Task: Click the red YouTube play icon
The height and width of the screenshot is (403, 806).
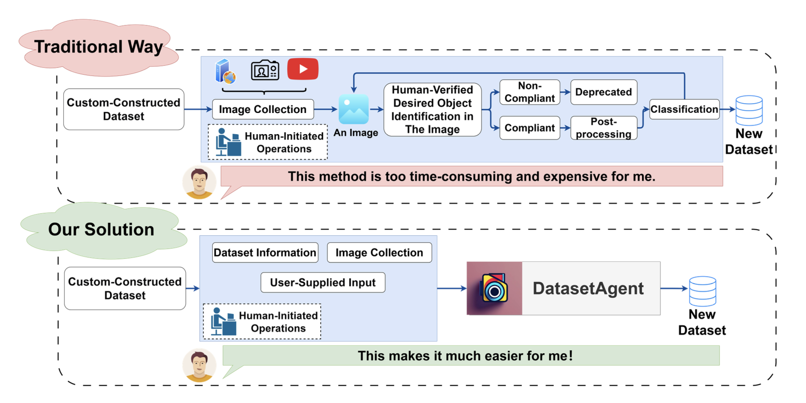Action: tap(303, 69)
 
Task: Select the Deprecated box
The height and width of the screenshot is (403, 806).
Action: tap(603, 92)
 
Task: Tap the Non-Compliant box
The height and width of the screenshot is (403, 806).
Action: tap(529, 92)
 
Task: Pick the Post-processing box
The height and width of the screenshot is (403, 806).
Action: tap(603, 128)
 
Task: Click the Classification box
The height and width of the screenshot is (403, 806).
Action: tap(684, 109)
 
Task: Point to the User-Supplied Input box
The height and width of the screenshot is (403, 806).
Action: tap(323, 282)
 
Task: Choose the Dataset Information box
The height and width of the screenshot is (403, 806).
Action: tap(265, 252)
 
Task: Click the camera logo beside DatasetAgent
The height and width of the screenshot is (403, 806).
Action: tap(494, 288)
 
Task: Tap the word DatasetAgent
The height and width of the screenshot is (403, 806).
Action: tap(588, 288)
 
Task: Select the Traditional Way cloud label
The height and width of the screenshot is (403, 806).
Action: tap(98, 47)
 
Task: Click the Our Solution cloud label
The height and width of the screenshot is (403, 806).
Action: tap(101, 230)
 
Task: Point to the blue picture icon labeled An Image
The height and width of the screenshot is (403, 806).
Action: tap(354, 109)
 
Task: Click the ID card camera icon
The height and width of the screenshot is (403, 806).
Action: tap(265, 70)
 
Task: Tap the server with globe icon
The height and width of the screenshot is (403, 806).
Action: tap(225, 71)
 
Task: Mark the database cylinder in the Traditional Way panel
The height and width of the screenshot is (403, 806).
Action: tap(749, 111)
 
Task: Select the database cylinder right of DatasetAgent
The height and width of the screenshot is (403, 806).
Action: tap(702, 291)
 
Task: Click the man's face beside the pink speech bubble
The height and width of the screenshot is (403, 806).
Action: tap(199, 182)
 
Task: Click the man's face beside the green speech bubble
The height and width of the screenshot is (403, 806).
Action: tap(199, 364)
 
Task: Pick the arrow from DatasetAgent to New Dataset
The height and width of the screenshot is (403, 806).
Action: tap(674, 288)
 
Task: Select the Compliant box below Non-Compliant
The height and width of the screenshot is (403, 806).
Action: tap(529, 128)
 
